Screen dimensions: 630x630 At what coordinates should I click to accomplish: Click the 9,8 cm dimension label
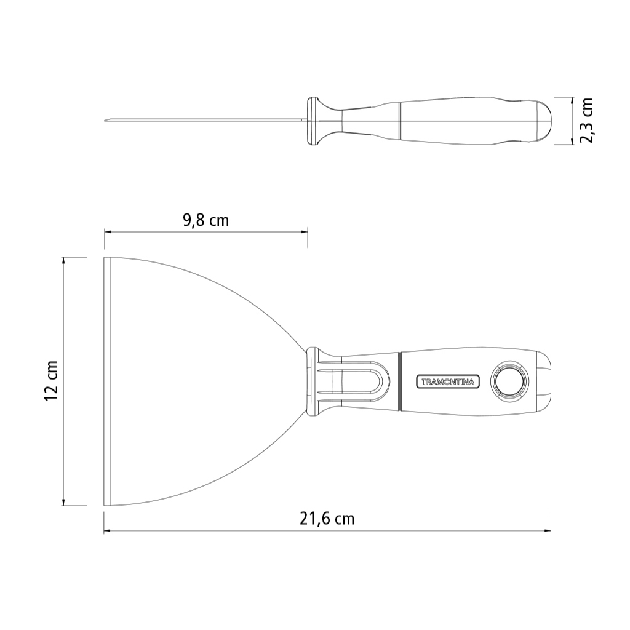[205, 221]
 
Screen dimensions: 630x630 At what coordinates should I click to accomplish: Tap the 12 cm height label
[52, 380]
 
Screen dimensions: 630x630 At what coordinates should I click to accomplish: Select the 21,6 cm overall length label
[327, 519]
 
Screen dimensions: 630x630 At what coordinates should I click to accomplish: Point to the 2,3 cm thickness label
[586, 120]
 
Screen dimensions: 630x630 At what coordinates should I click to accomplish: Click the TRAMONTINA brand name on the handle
[448, 381]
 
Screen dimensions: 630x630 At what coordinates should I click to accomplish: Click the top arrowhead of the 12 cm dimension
[63, 260]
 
